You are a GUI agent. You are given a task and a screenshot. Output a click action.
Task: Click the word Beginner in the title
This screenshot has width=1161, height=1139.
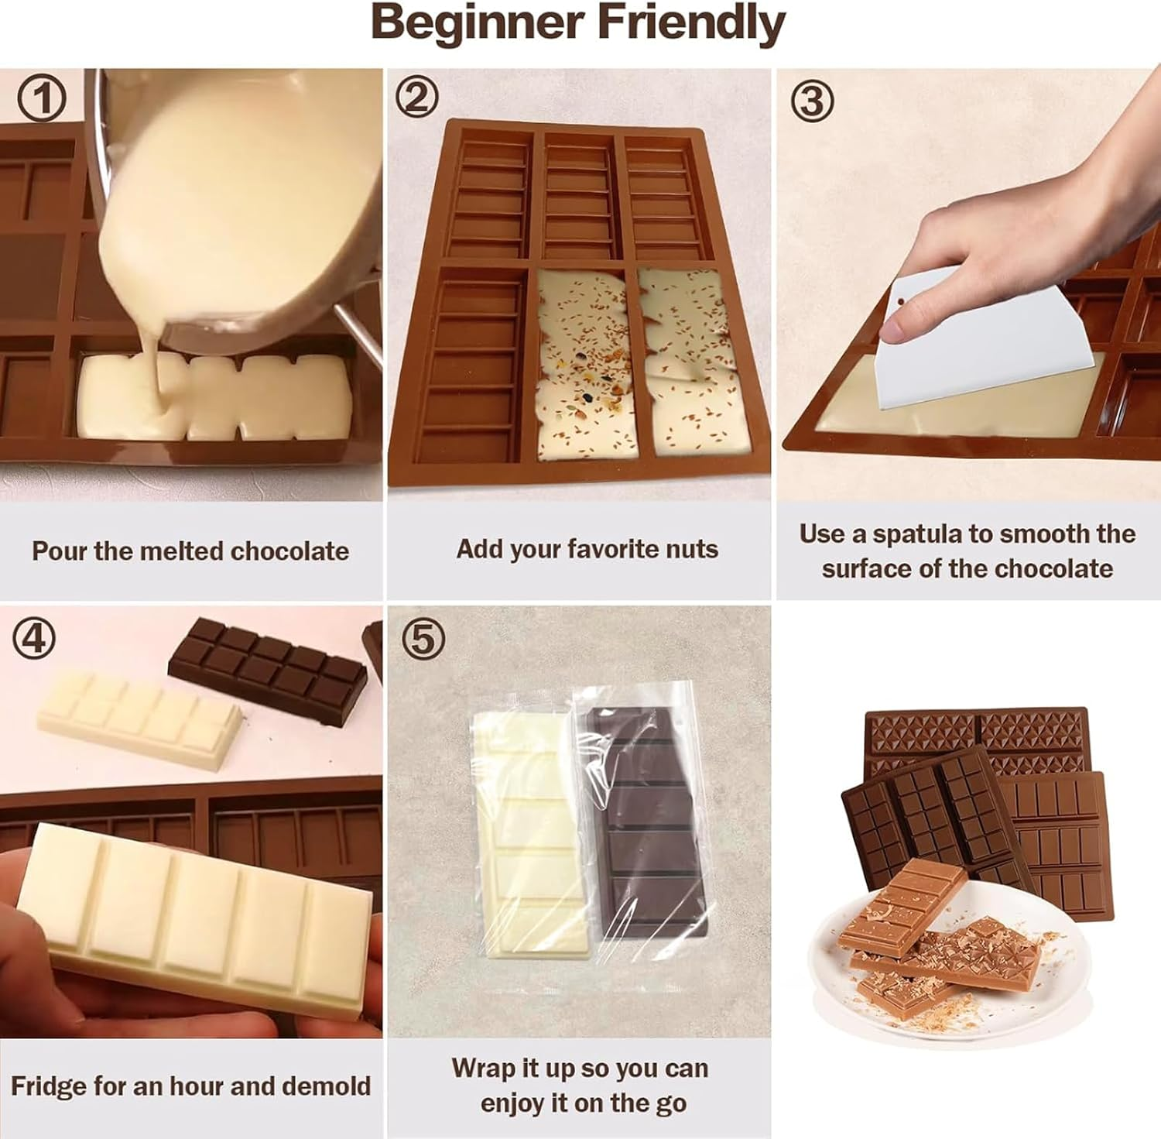tap(478, 23)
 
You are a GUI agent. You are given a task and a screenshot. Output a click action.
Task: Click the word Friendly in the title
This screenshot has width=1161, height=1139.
tap(691, 23)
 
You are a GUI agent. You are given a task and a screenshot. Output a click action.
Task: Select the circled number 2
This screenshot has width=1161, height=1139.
tap(417, 98)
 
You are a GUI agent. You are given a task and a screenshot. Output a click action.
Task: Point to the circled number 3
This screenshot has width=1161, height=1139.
tap(812, 100)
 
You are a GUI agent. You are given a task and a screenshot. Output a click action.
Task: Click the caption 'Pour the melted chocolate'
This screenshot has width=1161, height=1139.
tap(190, 551)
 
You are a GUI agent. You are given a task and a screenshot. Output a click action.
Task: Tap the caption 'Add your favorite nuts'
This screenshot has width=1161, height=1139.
tap(587, 549)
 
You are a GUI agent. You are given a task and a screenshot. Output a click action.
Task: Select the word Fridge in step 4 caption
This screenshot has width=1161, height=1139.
tap(48, 1086)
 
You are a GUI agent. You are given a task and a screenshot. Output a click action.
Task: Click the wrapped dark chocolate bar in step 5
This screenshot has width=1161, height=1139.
tap(646, 821)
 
